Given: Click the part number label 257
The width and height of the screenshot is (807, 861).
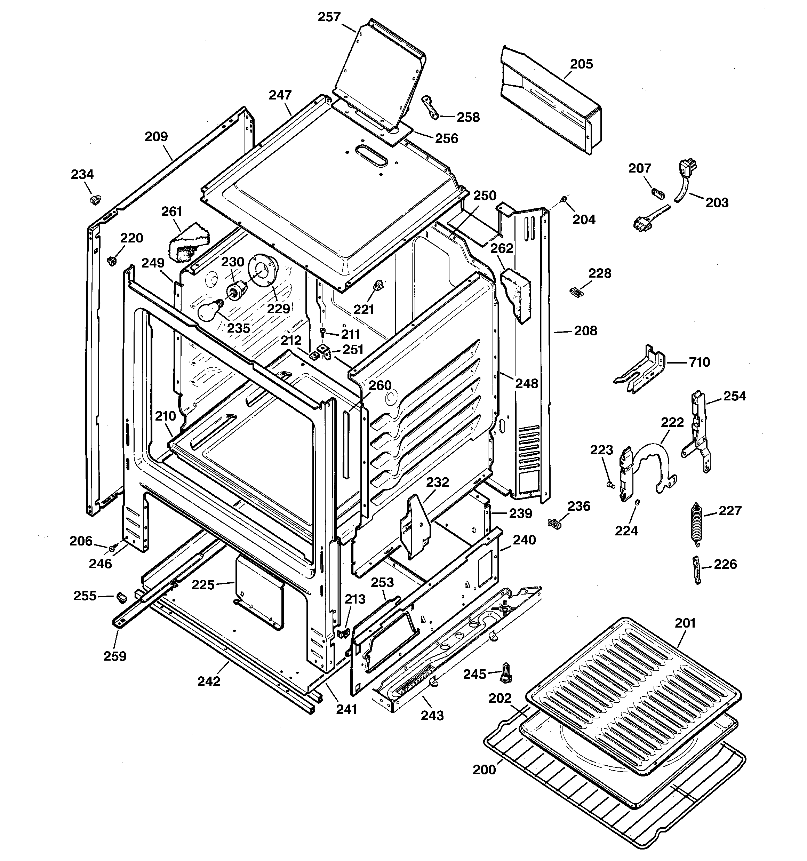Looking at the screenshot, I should [329, 17].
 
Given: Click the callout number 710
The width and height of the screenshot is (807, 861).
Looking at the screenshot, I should [699, 362].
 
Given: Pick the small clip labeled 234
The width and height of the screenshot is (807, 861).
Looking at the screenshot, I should [95, 199].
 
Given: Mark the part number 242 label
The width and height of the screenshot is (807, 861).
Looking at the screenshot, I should [209, 681].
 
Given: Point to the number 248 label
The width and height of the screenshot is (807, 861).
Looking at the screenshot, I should [526, 383].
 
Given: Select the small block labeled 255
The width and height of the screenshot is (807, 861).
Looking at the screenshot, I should [121, 598].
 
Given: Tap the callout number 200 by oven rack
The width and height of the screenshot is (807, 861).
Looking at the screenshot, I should [484, 769].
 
